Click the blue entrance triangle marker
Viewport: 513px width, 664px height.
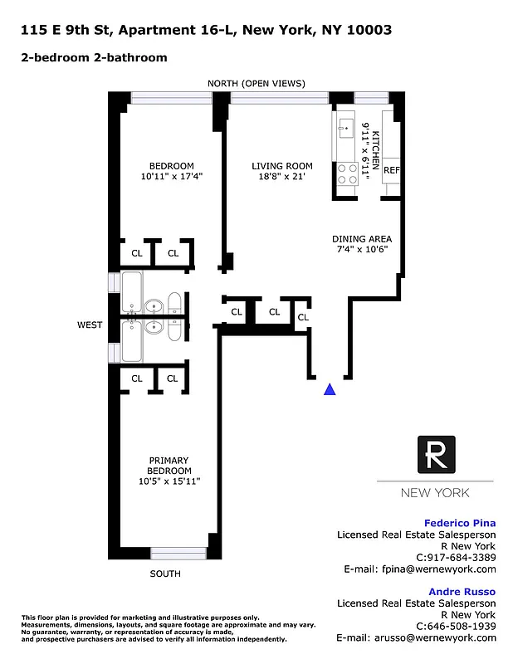coord(330,388)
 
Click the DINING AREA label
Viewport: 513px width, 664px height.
coord(360,237)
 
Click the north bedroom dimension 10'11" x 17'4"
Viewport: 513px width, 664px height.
coord(172,177)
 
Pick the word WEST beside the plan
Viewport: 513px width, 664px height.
coord(90,325)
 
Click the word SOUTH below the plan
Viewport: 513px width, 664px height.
coord(165,574)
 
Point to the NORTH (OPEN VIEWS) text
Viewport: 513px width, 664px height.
coord(256,83)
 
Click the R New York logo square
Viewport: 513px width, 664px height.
coord(435,456)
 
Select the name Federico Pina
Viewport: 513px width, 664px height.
coord(460,523)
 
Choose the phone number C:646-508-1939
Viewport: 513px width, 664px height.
coord(456,626)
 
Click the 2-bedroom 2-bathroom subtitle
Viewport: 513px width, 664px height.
coord(94,57)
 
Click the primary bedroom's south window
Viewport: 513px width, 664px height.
coord(178,553)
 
